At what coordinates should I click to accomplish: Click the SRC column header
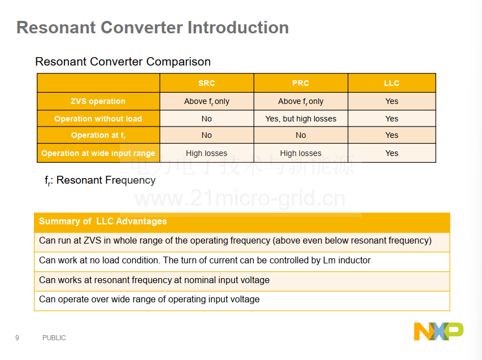coord(207,83)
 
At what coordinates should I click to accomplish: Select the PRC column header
coord(301,83)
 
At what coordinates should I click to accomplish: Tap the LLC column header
coord(392,83)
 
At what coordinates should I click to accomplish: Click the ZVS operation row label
coord(98,101)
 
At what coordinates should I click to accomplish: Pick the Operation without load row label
coord(98,119)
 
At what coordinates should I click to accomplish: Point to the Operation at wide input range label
coord(98,153)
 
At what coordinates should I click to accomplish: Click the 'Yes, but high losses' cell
coord(301,119)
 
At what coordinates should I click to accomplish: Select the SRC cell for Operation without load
coord(207,119)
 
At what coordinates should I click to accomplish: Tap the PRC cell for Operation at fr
coord(301,135)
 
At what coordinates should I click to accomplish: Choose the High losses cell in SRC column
coord(207,153)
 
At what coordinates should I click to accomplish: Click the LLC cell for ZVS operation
coord(392,101)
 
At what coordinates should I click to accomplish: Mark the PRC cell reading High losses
coord(301,153)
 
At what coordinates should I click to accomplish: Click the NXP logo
coord(438,331)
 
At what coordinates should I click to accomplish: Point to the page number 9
coord(17,338)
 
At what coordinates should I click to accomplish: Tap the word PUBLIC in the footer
coord(54,338)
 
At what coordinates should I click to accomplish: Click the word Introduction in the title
coord(238,27)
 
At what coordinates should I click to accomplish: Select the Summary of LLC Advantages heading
coord(103,221)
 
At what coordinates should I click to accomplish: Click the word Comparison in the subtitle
coord(179,62)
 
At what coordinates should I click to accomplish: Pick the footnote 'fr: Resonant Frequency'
coord(100,180)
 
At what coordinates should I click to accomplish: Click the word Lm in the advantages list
coord(329,261)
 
